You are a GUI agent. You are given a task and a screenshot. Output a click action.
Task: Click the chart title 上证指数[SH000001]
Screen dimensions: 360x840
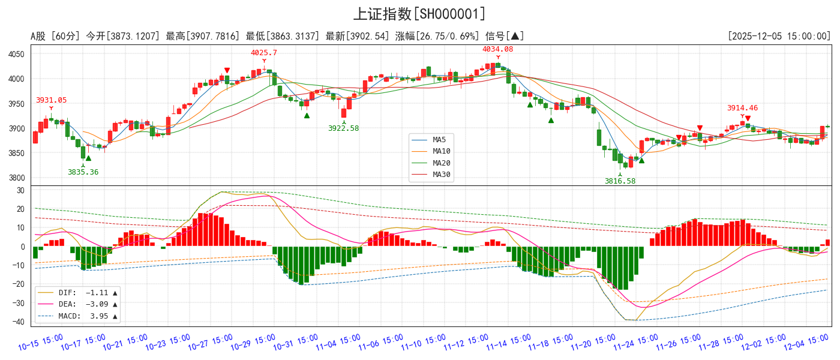(x=419, y=14)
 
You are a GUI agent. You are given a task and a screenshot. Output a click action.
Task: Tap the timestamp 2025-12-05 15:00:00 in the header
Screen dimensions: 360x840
(x=779, y=36)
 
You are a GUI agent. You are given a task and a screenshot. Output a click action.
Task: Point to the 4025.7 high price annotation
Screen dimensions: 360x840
(x=264, y=53)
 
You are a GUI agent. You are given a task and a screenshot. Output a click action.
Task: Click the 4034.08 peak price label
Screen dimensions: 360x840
(x=498, y=49)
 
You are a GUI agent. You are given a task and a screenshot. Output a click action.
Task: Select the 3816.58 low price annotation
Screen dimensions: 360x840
(x=620, y=181)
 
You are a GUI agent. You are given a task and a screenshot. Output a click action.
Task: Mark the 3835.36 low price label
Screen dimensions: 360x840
(x=83, y=172)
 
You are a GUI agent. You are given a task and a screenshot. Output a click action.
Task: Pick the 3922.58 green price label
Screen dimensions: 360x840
(x=343, y=128)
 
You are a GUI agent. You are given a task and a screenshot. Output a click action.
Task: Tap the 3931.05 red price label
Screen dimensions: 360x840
(x=51, y=100)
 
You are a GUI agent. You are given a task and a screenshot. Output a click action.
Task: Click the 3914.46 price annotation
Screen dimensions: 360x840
(x=742, y=108)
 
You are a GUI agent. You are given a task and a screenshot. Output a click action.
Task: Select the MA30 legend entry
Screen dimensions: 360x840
(x=441, y=175)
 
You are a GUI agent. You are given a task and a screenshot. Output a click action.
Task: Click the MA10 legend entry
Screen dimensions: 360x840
(x=441, y=151)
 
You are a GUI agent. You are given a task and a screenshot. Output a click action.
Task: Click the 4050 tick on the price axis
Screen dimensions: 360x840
(x=16, y=55)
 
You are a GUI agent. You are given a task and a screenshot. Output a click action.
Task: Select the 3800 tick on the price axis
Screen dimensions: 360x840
(x=16, y=178)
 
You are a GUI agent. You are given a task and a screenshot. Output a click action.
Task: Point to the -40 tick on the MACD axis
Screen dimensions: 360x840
(x=20, y=322)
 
